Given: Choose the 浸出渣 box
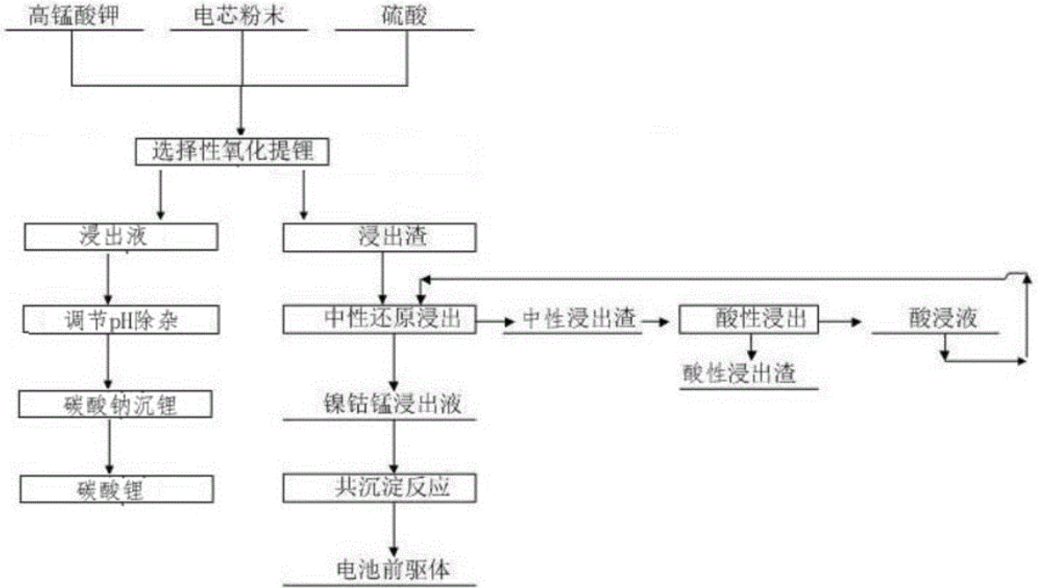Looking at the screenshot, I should click(x=379, y=236).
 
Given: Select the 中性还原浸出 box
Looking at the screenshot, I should click(x=379, y=319).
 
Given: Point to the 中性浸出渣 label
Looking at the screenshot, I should click(x=579, y=320).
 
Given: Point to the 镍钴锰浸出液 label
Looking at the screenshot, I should click(x=382, y=405).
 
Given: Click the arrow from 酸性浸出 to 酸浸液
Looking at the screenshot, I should click(x=839, y=322).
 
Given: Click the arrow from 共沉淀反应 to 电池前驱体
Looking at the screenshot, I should click(x=395, y=528).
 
